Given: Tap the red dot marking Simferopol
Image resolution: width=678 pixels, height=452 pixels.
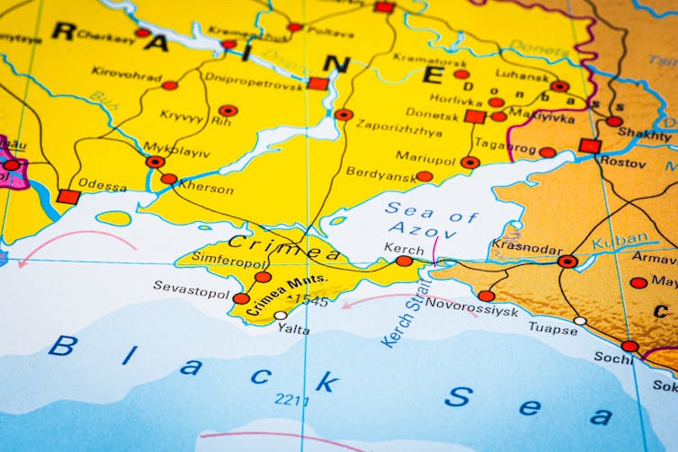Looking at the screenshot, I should tap(263, 277).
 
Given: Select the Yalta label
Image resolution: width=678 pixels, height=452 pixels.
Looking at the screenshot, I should tap(293, 330).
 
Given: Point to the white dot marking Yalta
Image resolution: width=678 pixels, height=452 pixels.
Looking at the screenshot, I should tap(281, 315).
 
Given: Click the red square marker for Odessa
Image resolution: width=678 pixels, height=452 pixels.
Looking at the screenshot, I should tap(68, 196).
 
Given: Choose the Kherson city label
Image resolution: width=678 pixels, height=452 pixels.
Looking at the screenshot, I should tap(206, 190).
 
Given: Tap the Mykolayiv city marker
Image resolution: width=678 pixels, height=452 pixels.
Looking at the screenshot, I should tap(156, 162).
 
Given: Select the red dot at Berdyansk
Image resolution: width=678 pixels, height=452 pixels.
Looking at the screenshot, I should tap(424, 176).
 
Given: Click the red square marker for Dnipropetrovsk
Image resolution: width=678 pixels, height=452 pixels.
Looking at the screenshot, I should tap(317, 84).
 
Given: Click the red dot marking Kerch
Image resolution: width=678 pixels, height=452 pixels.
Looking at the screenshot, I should tap(405, 261).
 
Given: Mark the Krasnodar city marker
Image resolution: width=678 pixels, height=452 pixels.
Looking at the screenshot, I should tap(567, 261).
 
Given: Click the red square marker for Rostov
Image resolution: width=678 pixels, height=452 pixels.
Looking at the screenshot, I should tap(590, 146).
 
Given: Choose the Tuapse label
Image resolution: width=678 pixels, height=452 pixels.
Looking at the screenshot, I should tap(553, 329).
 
